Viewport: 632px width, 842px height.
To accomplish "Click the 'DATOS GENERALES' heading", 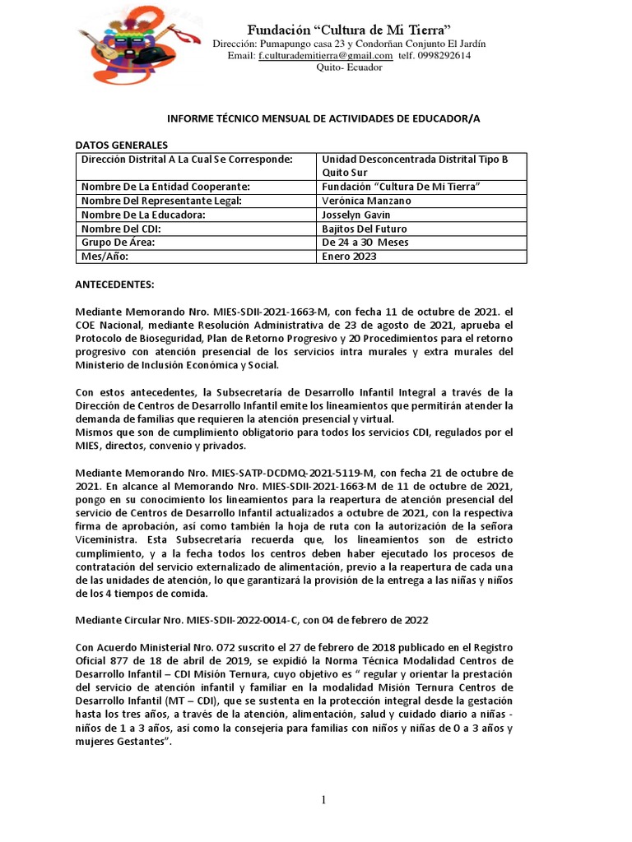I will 121,144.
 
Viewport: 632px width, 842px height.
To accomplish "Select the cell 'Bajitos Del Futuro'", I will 364,229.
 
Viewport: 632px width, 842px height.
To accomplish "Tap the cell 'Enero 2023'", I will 349,257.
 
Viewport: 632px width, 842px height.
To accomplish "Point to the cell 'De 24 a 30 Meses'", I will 365,243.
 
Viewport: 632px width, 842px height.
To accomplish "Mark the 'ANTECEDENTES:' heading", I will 114,285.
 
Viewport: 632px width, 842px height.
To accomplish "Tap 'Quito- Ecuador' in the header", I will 349,67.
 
